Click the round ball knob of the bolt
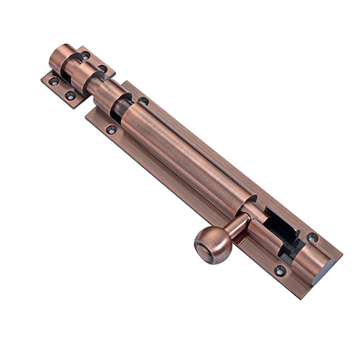click(x=214, y=246)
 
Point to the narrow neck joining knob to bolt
click(x=235, y=229)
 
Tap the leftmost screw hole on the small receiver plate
click(x=53, y=81)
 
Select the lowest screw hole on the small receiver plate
click(x=71, y=95)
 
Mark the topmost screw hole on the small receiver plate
click(x=86, y=55)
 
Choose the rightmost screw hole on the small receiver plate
click(x=103, y=69)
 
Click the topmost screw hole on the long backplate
click(x=143, y=101)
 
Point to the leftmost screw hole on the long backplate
click(x=111, y=130)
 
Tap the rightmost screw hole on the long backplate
click(x=312, y=237)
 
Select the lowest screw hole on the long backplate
click(x=279, y=271)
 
